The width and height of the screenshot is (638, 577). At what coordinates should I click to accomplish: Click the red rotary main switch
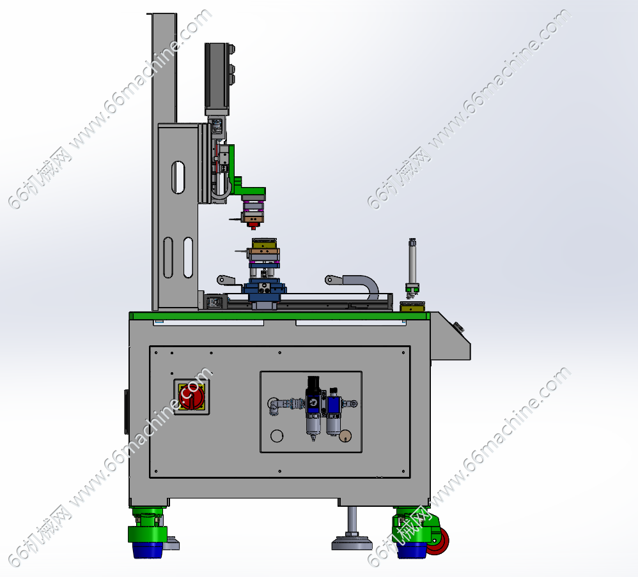click(191, 396)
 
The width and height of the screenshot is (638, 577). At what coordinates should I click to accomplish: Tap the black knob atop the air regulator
click(314, 382)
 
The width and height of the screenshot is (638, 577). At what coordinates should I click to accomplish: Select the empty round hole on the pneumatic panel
click(277, 436)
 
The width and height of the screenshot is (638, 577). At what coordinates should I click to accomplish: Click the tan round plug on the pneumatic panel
click(345, 436)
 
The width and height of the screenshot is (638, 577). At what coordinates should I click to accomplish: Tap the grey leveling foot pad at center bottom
click(352, 543)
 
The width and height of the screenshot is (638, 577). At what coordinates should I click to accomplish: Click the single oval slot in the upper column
click(178, 177)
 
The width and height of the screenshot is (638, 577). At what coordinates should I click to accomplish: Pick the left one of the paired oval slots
click(168, 258)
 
